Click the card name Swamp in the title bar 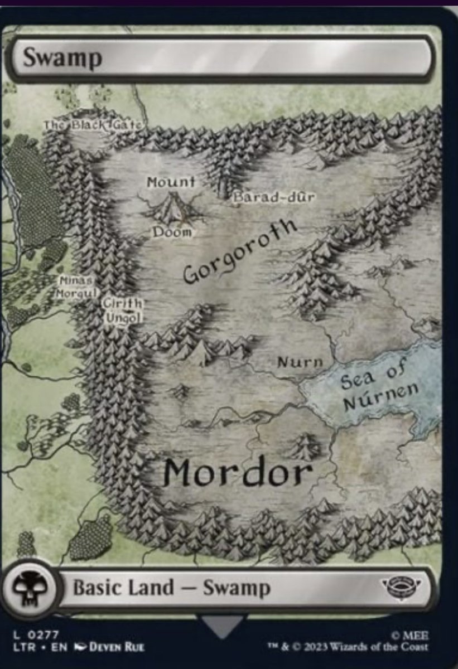pos(62,58)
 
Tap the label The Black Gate pos(93,125)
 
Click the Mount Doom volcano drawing pos(171,207)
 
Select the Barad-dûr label pos(274,197)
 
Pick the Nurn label pos(300,362)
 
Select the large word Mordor pos(238,473)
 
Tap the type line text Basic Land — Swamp pos(172,588)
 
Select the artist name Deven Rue pos(117,647)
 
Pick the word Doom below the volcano pos(172,232)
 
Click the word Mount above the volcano pos(171,182)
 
